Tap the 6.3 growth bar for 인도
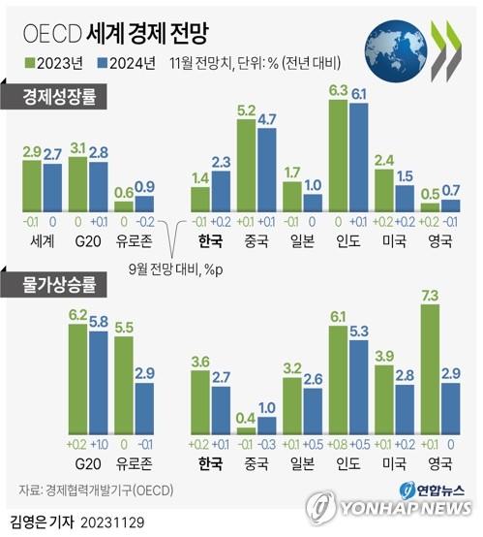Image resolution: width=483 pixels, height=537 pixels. [339, 155]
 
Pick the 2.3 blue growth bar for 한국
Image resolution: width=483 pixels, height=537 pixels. [220, 191]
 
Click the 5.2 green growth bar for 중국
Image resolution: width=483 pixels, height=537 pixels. [247, 165]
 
